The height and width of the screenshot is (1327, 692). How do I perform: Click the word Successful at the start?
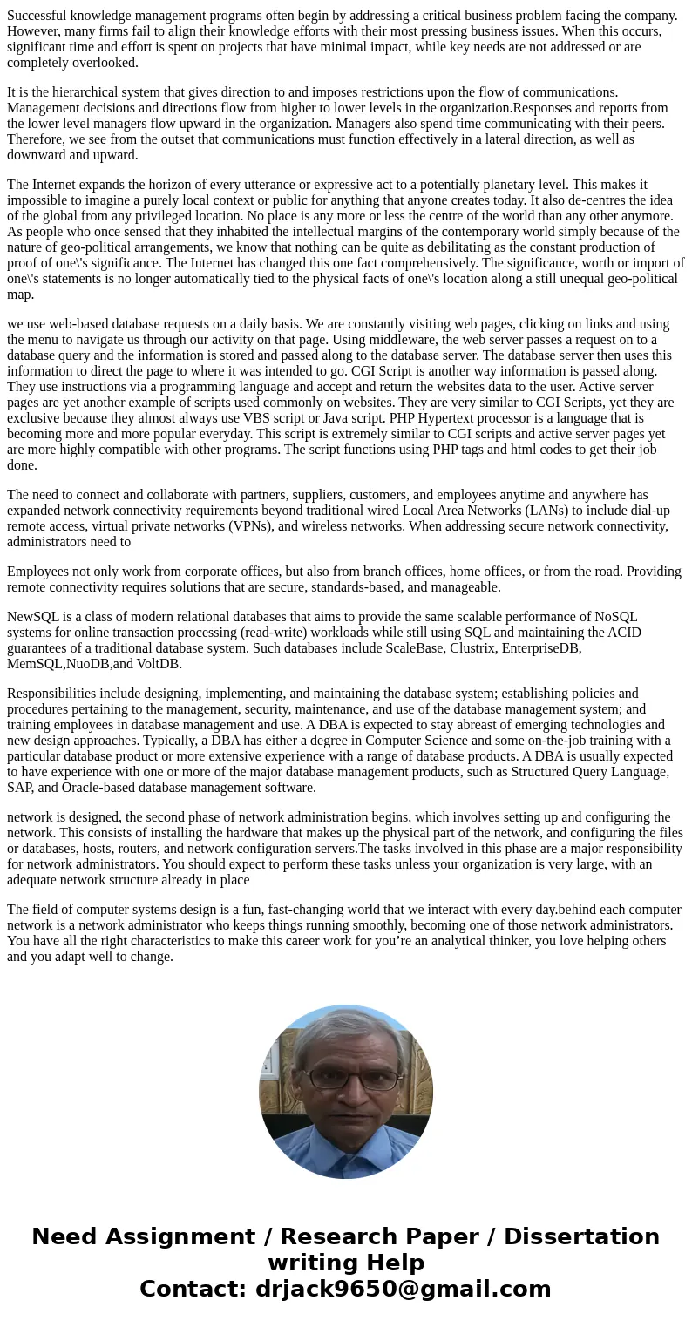[38, 15]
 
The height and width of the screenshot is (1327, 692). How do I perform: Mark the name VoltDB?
[159, 663]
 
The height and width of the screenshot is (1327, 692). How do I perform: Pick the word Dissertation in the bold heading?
[581, 1236]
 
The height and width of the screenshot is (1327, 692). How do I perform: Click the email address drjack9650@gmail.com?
[403, 1289]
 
